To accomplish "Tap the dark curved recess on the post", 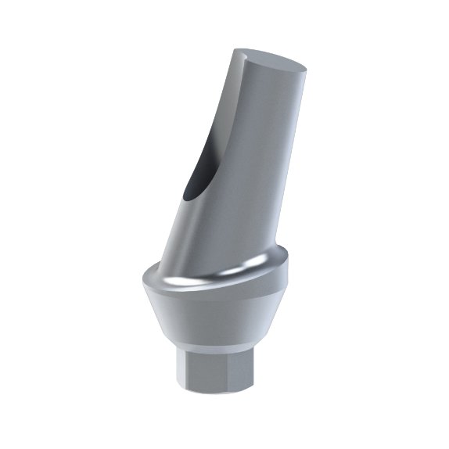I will pos(200,168).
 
